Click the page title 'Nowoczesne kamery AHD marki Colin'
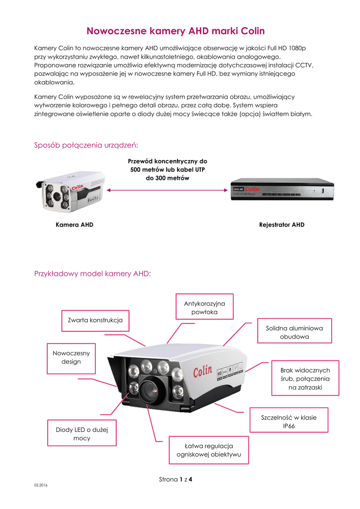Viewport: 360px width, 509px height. click(x=176, y=31)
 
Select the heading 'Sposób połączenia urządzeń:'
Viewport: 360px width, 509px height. click(x=86, y=145)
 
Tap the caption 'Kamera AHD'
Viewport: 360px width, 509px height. click(x=75, y=225)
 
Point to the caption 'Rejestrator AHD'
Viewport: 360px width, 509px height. click(x=282, y=225)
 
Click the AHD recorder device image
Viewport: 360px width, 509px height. click(x=281, y=189)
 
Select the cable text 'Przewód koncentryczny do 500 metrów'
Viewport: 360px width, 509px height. click(x=168, y=166)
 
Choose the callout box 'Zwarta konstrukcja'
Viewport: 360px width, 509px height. click(x=94, y=320)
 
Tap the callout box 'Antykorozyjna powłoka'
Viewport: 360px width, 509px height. click(x=204, y=308)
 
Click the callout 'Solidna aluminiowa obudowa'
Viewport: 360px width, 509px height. click(x=294, y=333)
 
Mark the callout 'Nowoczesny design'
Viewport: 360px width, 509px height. click(x=71, y=357)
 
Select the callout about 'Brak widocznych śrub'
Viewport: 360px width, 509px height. click(x=305, y=379)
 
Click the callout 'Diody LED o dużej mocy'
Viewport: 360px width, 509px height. click(x=82, y=433)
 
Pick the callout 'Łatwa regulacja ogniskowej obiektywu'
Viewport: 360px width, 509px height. click(x=209, y=450)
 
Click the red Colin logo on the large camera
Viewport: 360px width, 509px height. click(x=203, y=372)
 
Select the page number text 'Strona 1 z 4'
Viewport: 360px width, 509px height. click(x=176, y=480)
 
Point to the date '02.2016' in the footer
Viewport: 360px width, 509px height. click(x=40, y=484)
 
